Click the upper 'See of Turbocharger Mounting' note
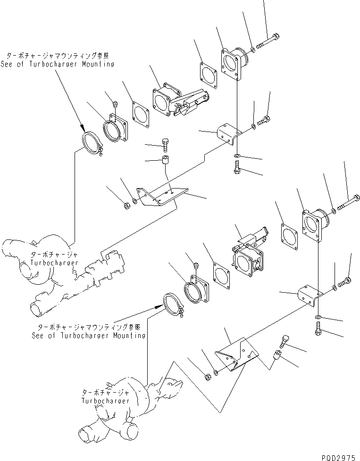[x=58, y=64]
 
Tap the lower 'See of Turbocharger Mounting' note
[x=89, y=336]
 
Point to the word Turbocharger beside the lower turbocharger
[x=105, y=400]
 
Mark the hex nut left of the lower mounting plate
[x=207, y=377]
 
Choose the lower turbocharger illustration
[x=132, y=405]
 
